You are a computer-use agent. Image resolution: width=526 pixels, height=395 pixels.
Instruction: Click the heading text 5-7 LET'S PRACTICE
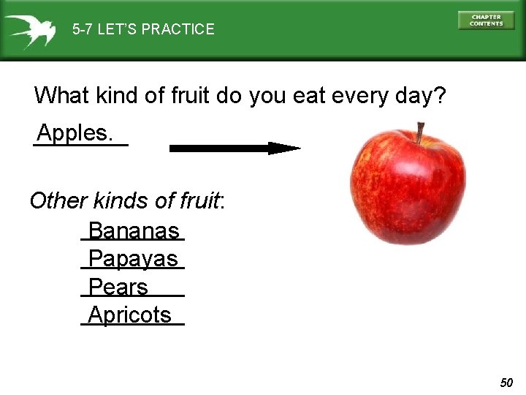[x=143, y=30]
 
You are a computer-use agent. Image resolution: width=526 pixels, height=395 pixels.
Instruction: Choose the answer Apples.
[x=75, y=133]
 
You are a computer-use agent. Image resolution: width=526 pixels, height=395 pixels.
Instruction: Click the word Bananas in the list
[x=133, y=231]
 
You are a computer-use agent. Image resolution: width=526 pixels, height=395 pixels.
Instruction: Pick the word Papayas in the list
[x=133, y=259]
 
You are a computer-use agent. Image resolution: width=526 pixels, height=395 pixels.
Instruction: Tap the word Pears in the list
[x=118, y=287]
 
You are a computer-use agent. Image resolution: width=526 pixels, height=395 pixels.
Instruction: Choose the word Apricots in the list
[x=129, y=315]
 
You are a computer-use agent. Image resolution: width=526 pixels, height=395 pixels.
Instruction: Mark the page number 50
[x=506, y=383]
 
